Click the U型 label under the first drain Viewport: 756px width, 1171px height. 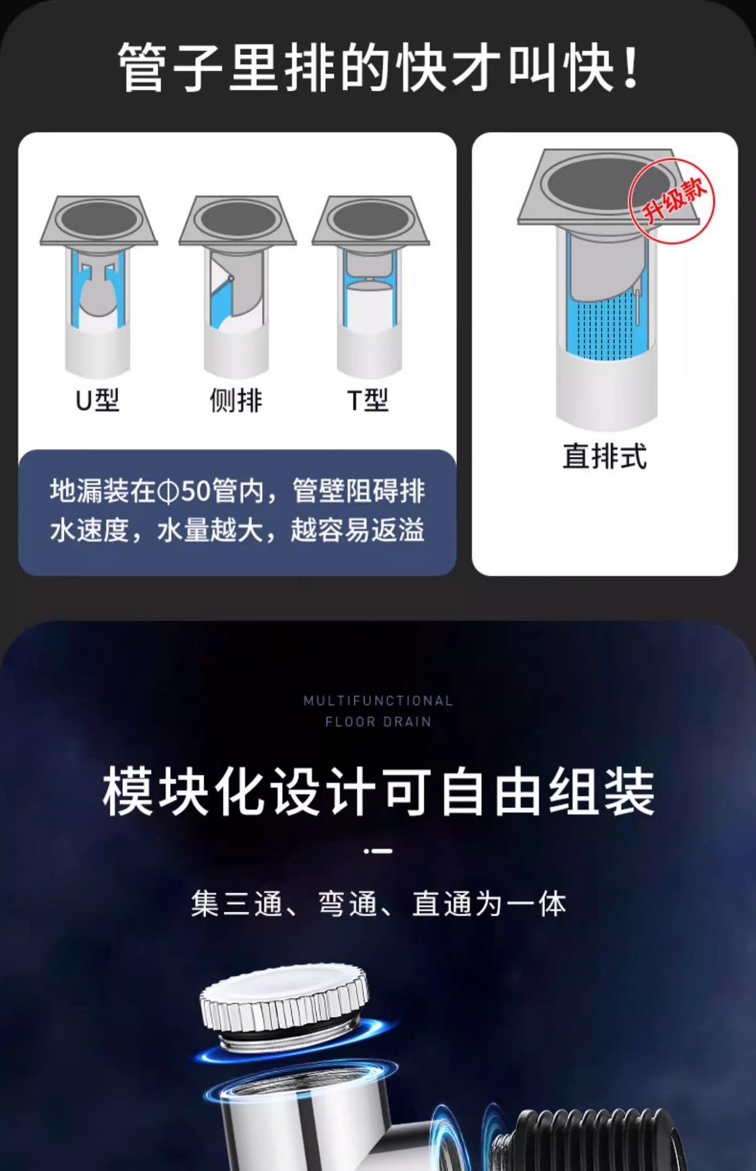click(98, 401)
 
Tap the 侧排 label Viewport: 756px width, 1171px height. click(236, 401)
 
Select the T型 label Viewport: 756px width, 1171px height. click(368, 401)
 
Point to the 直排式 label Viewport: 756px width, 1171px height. click(604, 456)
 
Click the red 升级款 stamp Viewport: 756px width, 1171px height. click(671, 200)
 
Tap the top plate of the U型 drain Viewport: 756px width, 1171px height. click(99, 220)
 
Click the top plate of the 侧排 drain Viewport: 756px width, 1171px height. click(237, 220)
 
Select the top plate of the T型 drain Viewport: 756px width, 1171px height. click(371, 220)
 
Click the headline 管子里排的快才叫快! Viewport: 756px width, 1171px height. click(378, 67)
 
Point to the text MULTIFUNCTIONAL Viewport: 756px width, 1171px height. click(378, 701)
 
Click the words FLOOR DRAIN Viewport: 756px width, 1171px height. click(378, 722)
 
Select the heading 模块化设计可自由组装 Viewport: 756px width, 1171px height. click(378, 792)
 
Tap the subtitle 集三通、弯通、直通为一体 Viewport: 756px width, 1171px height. click(378, 903)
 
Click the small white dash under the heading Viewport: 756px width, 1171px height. click(378, 851)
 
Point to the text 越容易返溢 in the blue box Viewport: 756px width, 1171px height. click(357, 530)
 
